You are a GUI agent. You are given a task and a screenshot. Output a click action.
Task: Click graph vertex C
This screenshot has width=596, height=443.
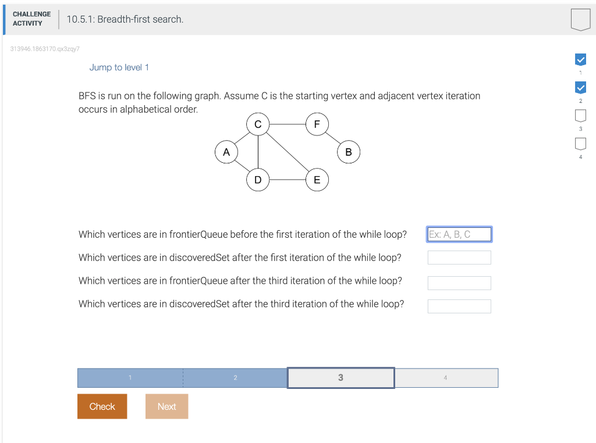click(258, 124)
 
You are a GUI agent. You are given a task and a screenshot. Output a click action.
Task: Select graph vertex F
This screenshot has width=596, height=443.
click(317, 124)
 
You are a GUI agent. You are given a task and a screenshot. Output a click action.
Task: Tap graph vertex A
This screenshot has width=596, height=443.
click(226, 152)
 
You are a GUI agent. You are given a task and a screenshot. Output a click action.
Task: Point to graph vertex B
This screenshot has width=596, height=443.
click(349, 152)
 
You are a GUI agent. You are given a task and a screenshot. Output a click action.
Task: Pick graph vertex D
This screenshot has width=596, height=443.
click(258, 180)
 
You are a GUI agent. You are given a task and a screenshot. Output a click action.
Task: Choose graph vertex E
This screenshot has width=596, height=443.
click(317, 180)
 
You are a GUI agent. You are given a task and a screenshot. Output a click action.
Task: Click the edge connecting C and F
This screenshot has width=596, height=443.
click(287, 124)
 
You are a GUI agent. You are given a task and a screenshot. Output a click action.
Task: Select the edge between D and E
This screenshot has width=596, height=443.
click(287, 180)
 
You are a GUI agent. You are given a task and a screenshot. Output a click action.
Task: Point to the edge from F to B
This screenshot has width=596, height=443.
click(333, 138)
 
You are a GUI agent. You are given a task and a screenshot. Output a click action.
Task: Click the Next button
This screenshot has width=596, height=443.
click(166, 406)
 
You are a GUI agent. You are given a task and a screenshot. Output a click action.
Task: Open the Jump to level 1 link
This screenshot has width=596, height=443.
click(119, 67)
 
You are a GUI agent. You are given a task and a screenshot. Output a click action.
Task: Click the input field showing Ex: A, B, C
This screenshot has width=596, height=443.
click(459, 234)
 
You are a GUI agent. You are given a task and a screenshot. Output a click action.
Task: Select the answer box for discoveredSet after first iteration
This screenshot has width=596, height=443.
click(459, 258)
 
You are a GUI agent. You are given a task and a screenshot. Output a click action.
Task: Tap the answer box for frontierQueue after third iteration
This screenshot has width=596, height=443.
click(459, 283)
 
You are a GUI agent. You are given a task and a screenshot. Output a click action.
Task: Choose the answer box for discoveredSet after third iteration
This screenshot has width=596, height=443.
click(459, 306)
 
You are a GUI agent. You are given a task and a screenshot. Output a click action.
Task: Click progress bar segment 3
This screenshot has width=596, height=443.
click(340, 378)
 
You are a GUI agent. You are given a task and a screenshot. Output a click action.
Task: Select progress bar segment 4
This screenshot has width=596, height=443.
click(446, 378)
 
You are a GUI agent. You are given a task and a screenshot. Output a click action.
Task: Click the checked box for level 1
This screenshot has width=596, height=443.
click(580, 59)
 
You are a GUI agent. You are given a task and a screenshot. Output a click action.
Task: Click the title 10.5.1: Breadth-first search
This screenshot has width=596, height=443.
click(125, 19)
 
